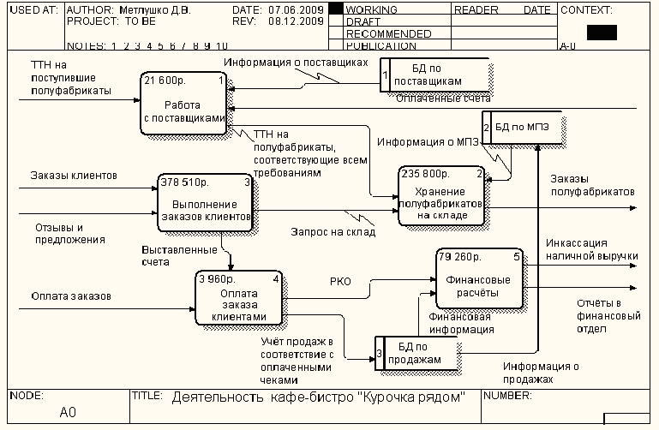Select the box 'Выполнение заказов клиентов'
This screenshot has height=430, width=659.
[x=206, y=203]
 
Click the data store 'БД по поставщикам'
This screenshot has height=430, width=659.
[x=435, y=74]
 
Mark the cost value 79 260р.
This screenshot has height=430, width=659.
[x=462, y=255]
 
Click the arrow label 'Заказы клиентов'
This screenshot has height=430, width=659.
[x=75, y=176]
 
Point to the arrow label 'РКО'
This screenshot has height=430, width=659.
[x=340, y=280]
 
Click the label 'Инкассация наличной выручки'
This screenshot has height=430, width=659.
[x=592, y=249]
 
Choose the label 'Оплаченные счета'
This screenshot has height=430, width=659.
[x=444, y=99]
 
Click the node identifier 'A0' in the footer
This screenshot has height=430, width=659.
[x=68, y=413]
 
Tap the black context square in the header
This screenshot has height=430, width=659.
[x=602, y=33]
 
